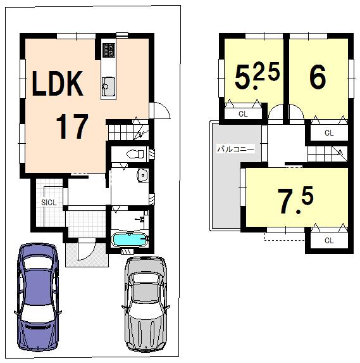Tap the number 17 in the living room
pos(71,127)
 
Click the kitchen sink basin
pos(108,84)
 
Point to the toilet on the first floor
pos(133,153)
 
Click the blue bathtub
pos(130,241)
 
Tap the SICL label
pos(49,202)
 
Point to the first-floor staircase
pos(127,132)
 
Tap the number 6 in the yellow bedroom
pos(318,77)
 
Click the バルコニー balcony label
pos(235,150)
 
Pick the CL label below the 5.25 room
pos(243,114)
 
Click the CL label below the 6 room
pos(328,133)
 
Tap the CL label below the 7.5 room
pos(328,241)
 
